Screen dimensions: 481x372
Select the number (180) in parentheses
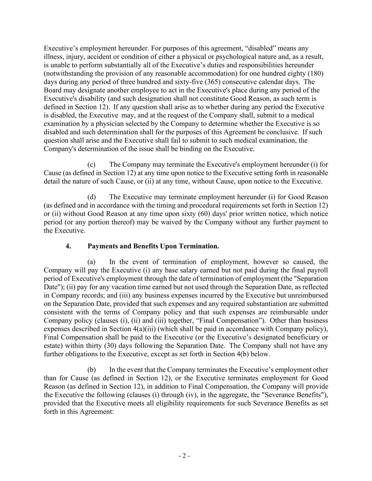[316, 73]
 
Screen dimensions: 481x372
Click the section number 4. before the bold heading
[68, 246]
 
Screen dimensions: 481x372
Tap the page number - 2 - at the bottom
[184, 456]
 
